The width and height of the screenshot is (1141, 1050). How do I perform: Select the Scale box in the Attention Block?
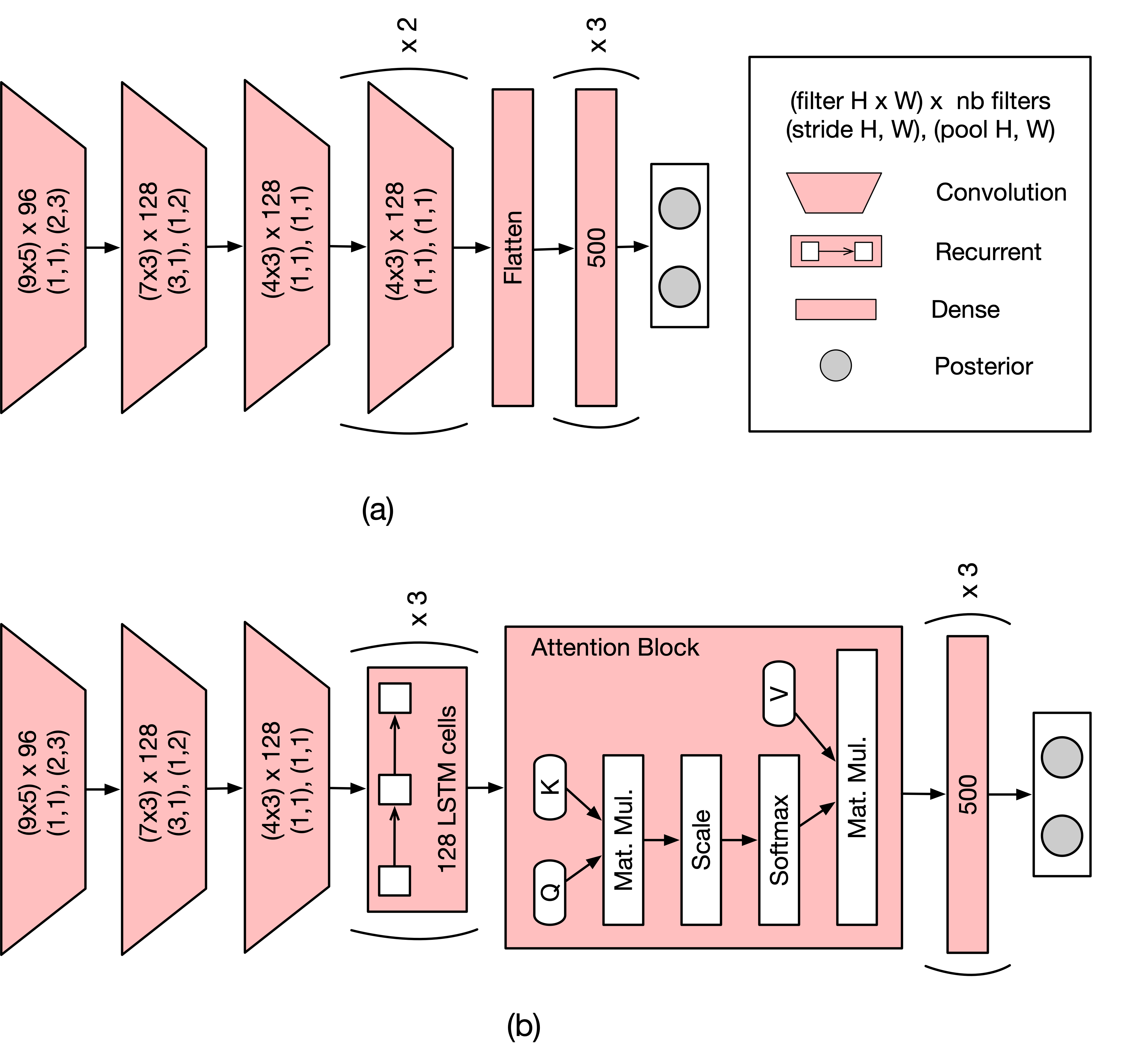pos(701,840)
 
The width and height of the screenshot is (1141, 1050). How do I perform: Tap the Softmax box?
pos(779,840)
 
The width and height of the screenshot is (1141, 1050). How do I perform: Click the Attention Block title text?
pos(615,648)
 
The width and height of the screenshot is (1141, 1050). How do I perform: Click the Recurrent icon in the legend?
pos(836,251)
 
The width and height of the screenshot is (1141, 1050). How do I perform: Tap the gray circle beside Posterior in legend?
pos(835,365)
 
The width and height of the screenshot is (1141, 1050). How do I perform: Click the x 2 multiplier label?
pos(409,35)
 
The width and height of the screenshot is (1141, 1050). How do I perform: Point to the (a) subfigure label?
pos(377,510)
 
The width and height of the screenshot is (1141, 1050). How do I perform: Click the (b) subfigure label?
pos(523,1026)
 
